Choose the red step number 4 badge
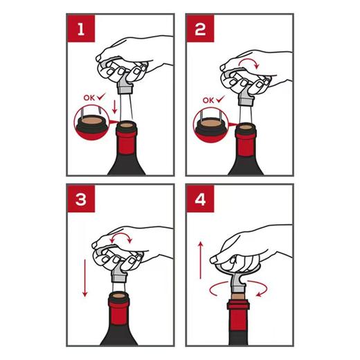click(x=200, y=201)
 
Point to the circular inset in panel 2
click(x=208, y=127)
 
